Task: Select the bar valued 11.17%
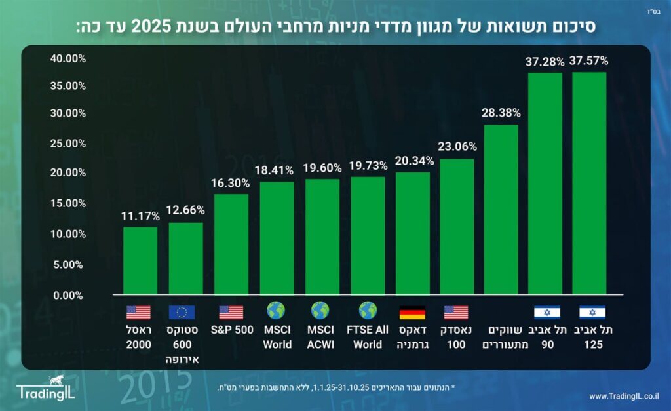(140, 260)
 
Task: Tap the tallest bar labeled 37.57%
(588, 183)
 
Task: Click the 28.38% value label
(501, 113)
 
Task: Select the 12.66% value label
(185, 210)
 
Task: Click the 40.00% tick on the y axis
(67, 59)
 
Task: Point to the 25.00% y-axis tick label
(67, 143)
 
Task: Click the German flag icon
(412, 312)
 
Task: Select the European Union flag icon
(182, 312)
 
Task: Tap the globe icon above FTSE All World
(368, 311)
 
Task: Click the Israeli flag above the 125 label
(592, 312)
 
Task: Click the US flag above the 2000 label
(138, 312)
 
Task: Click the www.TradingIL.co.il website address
(624, 396)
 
